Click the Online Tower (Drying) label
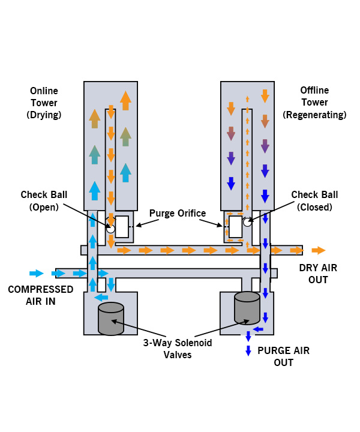pyautogui.click(x=44, y=102)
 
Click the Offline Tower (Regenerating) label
pyautogui.click(x=314, y=102)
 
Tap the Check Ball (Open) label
pyautogui.click(x=44, y=200)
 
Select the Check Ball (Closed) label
pyautogui.click(x=314, y=200)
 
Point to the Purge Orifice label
pyautogui.click(x=178, y=212)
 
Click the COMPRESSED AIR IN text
pyautogui.click(x=40, y=295)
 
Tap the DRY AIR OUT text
pyautogui.click(x=317, y=274)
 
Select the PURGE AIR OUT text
pyautogui.click(x=283, y=356)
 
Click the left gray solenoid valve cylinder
pyautogui.click(x=110, y=319)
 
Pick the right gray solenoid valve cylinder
pyautogui.click(x=247, y=308)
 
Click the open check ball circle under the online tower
pyautogui.click(x=110, y=229)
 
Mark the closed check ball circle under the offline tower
pyautogui.click(x=247, y=223)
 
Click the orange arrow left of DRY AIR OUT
pyautogui.click(x=319, y=250)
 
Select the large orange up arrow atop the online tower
pyautogui.click(x=125, y=100)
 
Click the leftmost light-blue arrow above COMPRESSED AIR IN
pyautogui.click(x=37, y=274)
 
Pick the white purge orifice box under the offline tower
pyautogui.click(x=236, y=227)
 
